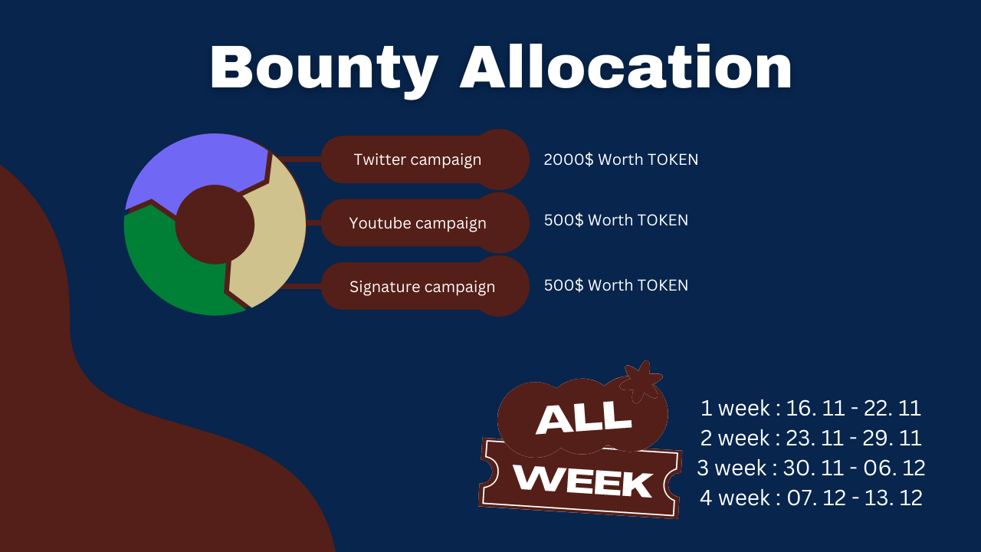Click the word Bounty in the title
pos(324,70)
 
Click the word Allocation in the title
pos(626,67)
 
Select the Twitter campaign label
pos(418,159)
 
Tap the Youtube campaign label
pos(418,223)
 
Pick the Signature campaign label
pos(422,287)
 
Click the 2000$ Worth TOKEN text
pos(621,159)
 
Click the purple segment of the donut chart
pos(197,164)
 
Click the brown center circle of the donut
pos(215,225)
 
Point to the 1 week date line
pos(811,408)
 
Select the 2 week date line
pos(811,438)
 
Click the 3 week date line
pos(811,468)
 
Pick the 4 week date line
pos(811,498)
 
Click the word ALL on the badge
pos(584,419)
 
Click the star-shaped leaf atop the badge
pos(641,381)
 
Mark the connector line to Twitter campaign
pos(300,159)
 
